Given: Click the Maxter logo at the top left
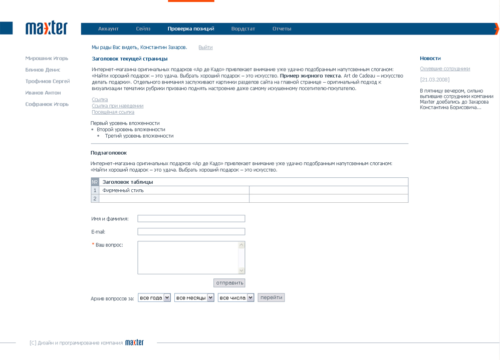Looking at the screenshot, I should point(46,28).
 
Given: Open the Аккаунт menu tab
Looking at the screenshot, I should point(108,29).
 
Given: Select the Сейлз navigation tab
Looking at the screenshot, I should point(143,29).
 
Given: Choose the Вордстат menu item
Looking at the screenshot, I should point(243,29).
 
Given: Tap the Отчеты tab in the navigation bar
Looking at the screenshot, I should point(282,29).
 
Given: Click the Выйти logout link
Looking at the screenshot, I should point(205,48).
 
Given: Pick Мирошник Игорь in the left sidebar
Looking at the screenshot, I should point(47,59).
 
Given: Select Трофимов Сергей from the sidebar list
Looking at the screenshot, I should point(48,81).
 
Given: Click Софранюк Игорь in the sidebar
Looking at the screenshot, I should point(47,104).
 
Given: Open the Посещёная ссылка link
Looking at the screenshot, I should point(113,112).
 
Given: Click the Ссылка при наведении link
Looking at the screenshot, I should point(117,106).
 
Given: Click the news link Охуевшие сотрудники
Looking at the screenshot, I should point(445,69).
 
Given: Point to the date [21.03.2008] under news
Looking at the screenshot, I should point(434,80).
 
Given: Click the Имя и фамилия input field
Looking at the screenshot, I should point(191,219).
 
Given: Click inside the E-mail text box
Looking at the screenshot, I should point(191,232).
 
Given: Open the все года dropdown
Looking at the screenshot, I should point(154,298).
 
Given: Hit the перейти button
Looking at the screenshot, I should point(272,297).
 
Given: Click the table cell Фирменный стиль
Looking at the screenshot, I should point(123,190).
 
